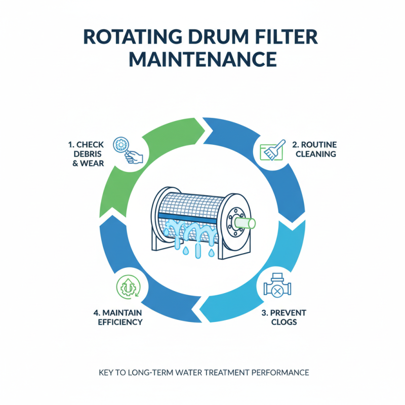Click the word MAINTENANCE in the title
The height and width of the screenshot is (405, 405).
pos(202,59)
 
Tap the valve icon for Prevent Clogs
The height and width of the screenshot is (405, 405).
pos(277,289)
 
